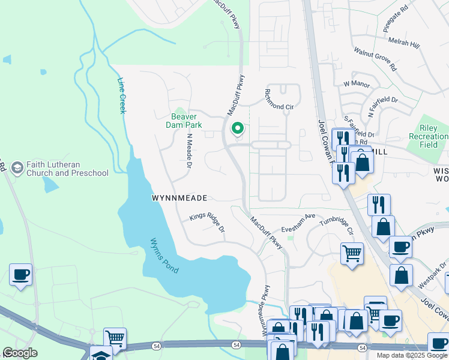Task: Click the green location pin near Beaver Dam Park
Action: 238,129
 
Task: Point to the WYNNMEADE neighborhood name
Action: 179,197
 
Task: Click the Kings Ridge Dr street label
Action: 207,224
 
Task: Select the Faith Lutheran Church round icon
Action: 17,166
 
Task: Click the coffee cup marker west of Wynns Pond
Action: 21,275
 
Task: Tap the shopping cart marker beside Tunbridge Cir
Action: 352,253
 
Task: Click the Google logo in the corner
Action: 20,353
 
